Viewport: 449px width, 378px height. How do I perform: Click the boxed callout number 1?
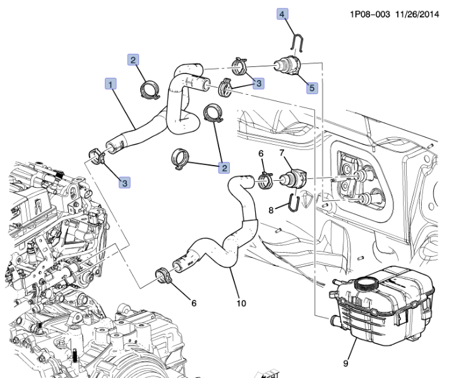[111, 83]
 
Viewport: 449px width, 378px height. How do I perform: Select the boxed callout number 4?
[282, 13]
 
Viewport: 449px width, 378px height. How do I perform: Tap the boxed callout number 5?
[312, 88]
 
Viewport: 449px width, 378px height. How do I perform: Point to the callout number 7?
[282, 153]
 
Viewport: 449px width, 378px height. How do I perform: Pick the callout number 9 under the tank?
[345, 363]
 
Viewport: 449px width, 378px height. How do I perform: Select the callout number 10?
[241, 303]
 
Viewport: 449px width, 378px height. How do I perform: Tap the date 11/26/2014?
[417, 13]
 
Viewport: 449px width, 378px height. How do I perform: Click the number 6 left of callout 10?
[193, 303]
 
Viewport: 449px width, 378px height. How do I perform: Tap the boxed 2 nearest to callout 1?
[133, 60]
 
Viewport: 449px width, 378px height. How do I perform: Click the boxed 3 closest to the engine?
[125, 183]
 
